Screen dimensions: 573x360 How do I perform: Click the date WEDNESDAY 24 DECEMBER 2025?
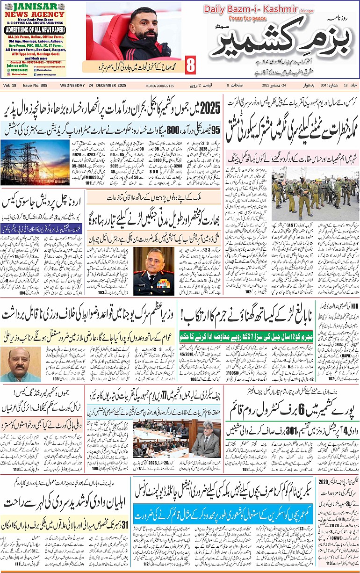[94, 85]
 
